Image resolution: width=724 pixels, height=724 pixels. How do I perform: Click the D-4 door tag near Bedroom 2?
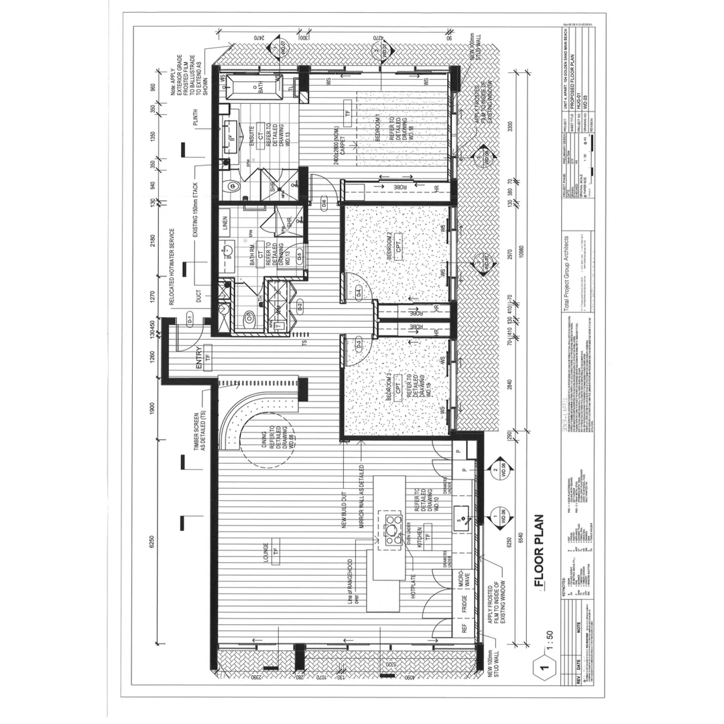(359, 292)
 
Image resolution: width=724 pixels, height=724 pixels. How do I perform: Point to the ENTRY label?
(199, 358)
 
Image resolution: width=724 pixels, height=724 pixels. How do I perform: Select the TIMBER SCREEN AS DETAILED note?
(199, 432)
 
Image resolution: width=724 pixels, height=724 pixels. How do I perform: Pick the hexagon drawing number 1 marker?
(544, 667)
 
